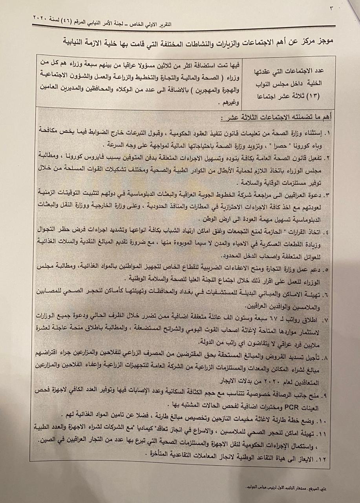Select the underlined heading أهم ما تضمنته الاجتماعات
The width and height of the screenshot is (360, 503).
click(x=291, y=117)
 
